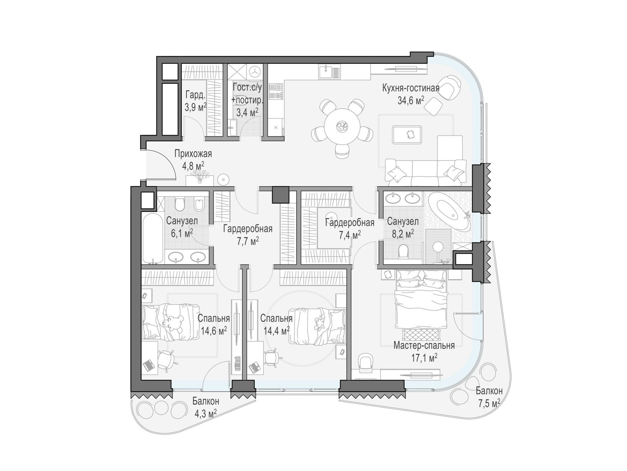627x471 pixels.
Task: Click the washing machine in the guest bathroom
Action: [255, 72]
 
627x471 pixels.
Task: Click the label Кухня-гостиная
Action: [411, 88]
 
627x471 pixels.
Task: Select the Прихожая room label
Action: [193, 154]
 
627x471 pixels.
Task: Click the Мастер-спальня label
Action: [424, 346]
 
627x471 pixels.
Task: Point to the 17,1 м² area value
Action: [424, 358]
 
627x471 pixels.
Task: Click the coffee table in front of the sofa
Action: [407, 134]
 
